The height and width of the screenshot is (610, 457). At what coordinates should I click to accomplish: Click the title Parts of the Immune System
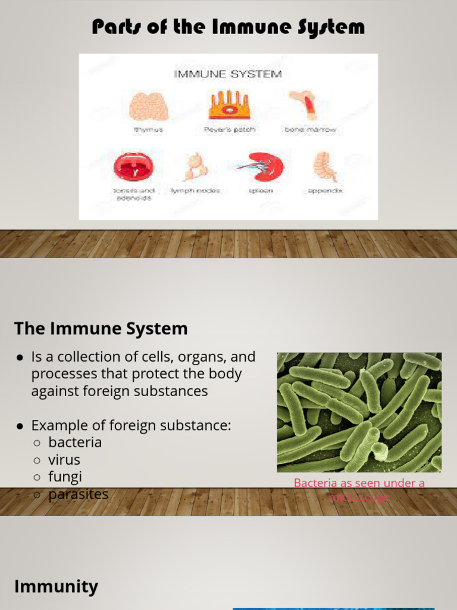click(228, 27)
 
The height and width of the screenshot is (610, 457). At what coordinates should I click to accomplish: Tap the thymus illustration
click(148, 106)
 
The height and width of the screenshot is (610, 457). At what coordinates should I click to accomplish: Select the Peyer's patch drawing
click(228, 105)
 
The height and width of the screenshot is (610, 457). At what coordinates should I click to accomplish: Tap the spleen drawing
click(264, 166)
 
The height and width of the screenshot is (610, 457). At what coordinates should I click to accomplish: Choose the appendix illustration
click(325, 166)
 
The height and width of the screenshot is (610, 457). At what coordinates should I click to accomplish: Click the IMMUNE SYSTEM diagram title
click(228, 74)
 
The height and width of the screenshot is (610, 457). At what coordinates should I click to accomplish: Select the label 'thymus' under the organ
click(148, 129)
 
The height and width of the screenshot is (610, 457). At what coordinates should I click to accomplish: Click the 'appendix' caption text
click(325, 191)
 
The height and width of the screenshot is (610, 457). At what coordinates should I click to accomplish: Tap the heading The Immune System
click(101, 328)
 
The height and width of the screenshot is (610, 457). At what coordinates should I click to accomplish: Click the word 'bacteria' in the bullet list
click(75, 443)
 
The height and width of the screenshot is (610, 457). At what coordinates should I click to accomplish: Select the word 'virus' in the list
click(64, 460)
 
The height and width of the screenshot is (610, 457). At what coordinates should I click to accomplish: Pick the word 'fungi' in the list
click(65, 477)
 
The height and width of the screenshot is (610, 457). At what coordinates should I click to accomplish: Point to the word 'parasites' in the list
click(79, 494)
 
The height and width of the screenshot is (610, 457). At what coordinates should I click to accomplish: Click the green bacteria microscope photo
click(359, 412)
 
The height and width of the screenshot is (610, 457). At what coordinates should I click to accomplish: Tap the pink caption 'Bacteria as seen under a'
click(359, 483)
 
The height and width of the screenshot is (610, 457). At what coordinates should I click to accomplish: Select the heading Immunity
click(56, 587)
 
